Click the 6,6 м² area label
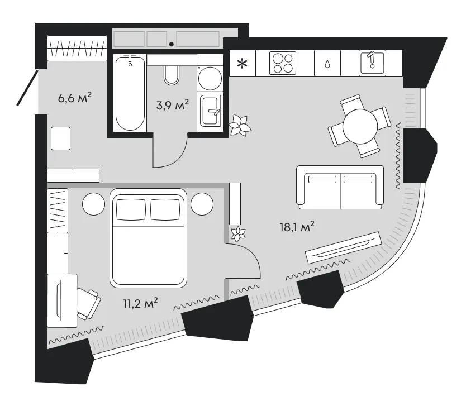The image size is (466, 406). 75,98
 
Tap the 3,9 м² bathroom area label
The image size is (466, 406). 172,105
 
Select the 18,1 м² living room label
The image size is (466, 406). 297,227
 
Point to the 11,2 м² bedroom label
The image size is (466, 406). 140,303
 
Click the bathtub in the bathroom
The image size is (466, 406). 130,93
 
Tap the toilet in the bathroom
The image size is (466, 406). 172,75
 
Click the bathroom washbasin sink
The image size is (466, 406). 211,111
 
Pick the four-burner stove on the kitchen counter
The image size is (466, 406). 283,63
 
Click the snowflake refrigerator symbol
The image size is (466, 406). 242,64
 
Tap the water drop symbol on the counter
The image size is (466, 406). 327,64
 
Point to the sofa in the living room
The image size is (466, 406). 340,188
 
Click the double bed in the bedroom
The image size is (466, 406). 148,238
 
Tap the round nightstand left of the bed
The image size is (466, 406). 94,204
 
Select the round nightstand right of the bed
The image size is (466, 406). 202,204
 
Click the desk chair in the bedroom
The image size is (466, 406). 88,304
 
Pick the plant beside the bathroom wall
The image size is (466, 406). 240,125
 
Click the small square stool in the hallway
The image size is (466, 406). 61,138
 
